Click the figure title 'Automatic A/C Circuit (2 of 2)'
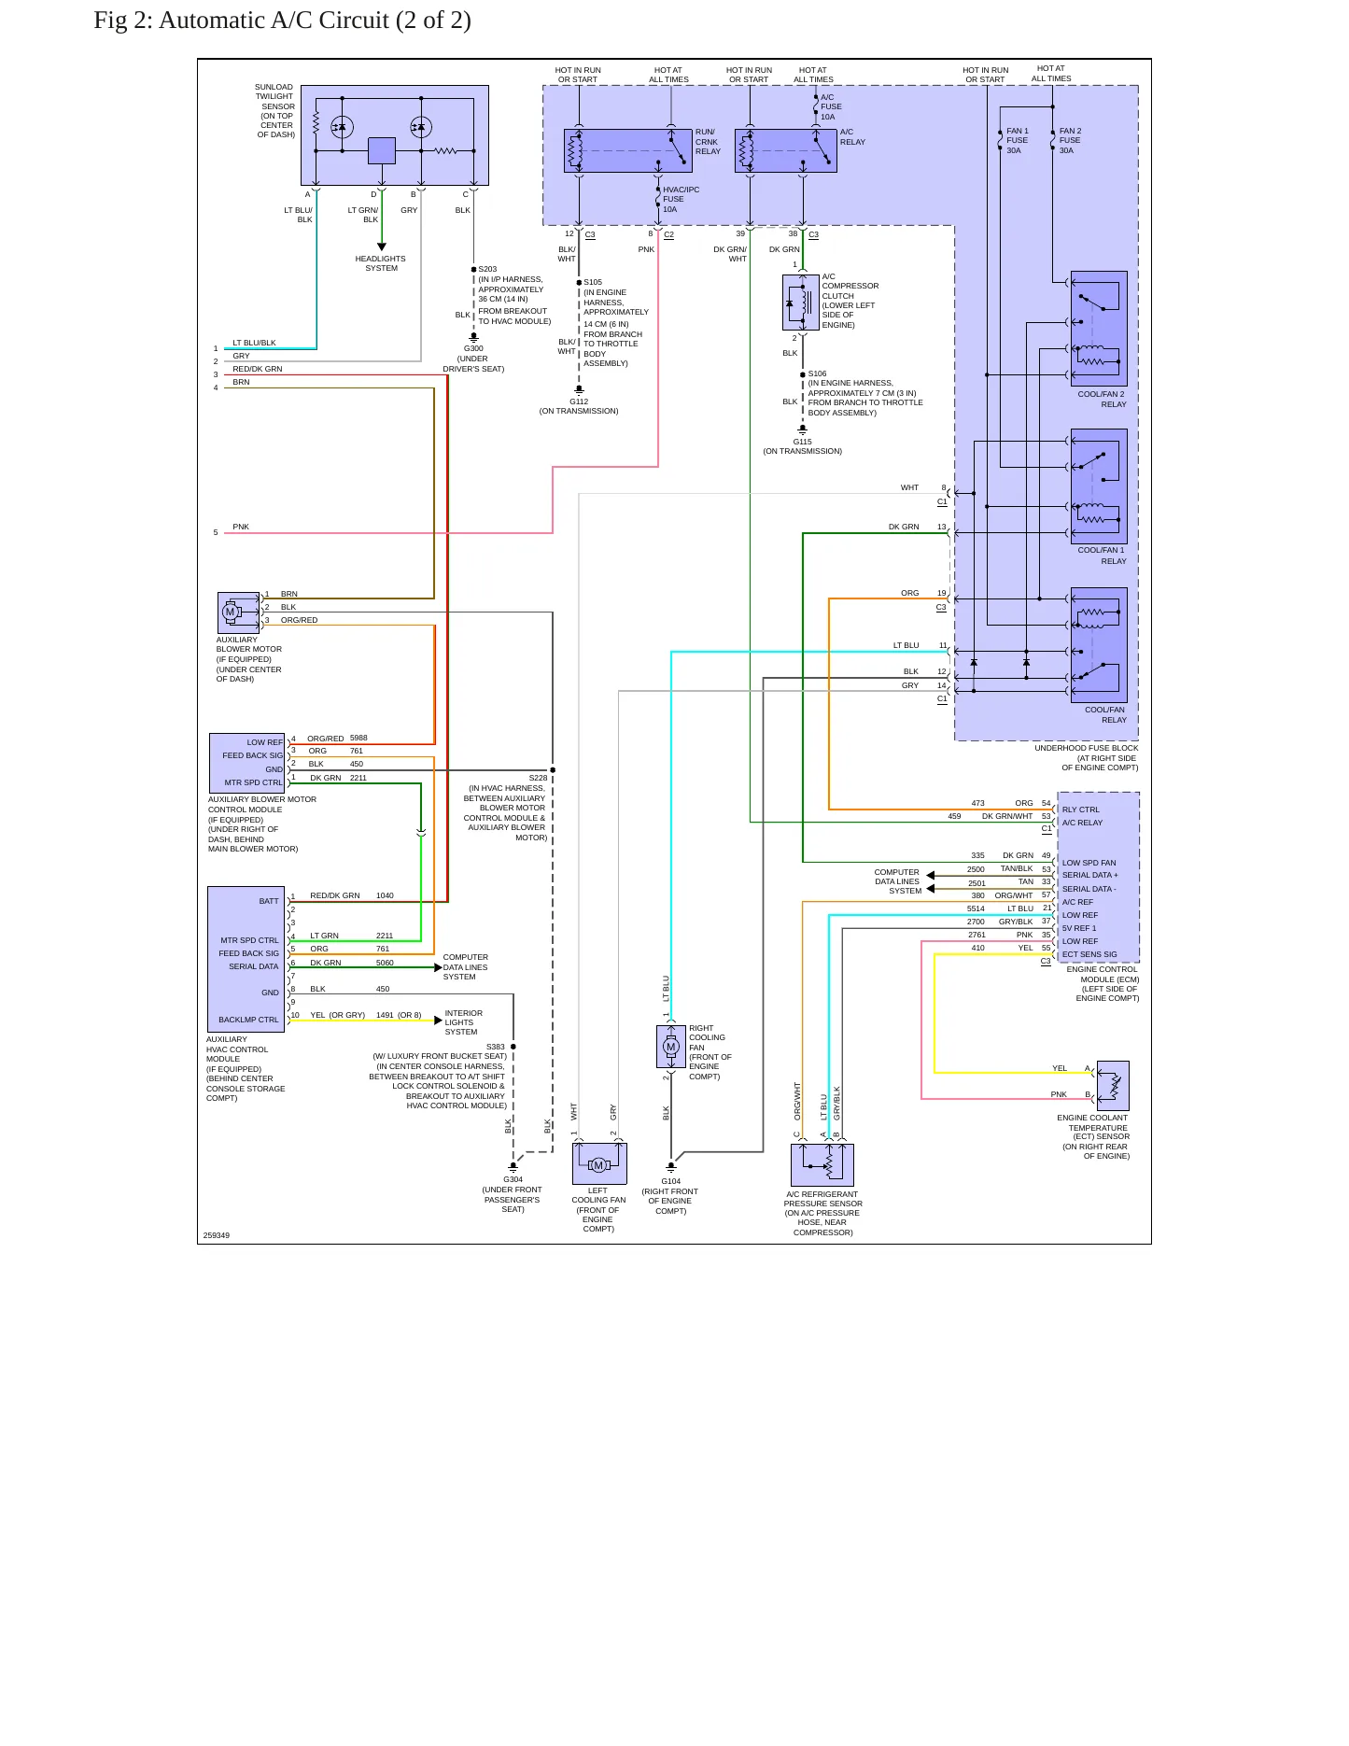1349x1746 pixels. pos(315,21)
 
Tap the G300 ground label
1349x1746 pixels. pos(473,348)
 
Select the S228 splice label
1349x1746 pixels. pos(538,778)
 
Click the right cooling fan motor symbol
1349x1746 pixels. pos(671,1047)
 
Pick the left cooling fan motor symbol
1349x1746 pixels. pos(599,1163)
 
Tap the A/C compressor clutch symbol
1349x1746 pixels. pos(800,302)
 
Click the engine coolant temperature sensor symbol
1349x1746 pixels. pos(1113,1086)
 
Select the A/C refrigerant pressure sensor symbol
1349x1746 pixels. pos(822,1164)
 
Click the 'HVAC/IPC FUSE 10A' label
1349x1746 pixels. pos(681,199)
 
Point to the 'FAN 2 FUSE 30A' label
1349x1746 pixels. pos(1070,141)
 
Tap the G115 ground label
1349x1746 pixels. pos(802,442)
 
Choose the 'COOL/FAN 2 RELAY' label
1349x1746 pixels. pos(1102,399)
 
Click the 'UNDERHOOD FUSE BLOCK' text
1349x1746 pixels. pos(1086,748)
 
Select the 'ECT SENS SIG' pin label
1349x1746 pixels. pos(1089,954)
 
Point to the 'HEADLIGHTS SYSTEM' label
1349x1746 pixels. pos(381,263)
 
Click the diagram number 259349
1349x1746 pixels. pos(217,1235)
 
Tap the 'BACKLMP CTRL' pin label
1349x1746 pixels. pos(248,1020)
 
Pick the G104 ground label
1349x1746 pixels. pos(670,1181)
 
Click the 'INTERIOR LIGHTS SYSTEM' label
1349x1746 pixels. pos(463,1022)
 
